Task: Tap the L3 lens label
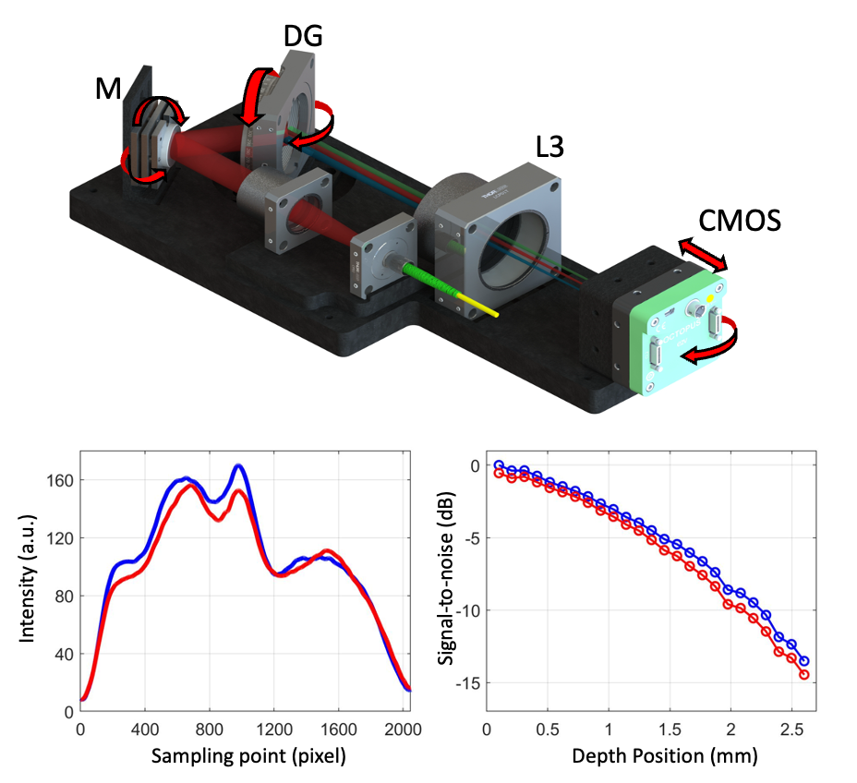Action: (x=551, y=148)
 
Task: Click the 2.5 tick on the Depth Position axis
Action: (x=791, y=727)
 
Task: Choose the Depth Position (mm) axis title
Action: (x=665, y=756)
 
